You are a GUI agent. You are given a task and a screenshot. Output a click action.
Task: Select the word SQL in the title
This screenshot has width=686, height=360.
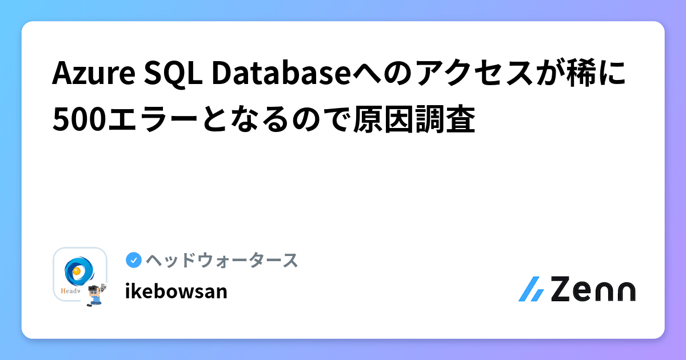tap(170, 75)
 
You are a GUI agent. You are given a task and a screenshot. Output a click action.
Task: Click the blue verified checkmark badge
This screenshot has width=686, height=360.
tap(133, 260)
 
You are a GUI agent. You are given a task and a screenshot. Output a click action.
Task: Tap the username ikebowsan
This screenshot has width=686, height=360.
tap(176, 291)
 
